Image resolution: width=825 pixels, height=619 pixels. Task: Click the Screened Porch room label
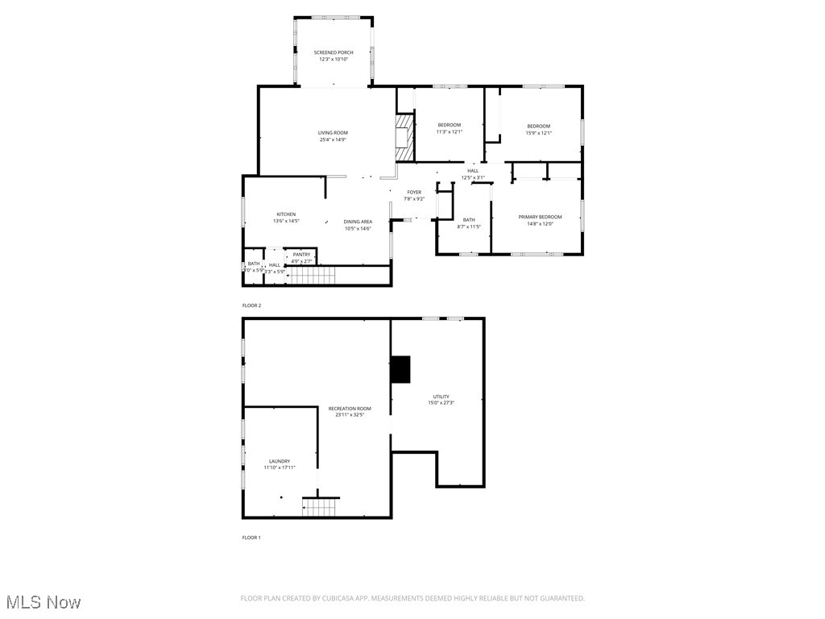click(334, 56)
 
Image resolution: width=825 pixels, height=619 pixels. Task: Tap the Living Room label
click(333, 136)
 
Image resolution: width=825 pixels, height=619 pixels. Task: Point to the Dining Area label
click(357, 225)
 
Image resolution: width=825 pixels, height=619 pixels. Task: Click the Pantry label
click(302, 258)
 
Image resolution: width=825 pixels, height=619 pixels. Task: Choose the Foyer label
click(413, 195)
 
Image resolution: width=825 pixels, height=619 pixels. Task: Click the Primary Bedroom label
click(539, 220)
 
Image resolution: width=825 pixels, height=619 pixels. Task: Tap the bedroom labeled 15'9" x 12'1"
click(538, 129)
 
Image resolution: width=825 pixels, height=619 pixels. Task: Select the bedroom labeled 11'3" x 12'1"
click(449, 128)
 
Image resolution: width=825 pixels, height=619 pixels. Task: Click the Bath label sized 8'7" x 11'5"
click(468, 223)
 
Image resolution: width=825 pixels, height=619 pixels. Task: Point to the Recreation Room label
click(350, 412)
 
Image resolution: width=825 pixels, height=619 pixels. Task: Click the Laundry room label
click(280, 464)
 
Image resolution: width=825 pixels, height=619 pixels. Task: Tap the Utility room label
click(441, 400)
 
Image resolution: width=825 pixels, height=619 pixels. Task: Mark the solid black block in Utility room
click(400, 369)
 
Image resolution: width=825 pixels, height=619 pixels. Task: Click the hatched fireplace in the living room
click(404, 136)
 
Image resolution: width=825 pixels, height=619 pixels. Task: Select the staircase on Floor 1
click(318, 508)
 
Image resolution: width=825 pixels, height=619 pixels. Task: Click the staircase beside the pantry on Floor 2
click(312, 276)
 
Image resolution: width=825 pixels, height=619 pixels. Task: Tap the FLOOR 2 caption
click(251, 305)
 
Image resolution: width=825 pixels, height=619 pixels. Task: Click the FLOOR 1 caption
click(251, 538)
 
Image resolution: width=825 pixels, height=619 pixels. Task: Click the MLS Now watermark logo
click(42, 602)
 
